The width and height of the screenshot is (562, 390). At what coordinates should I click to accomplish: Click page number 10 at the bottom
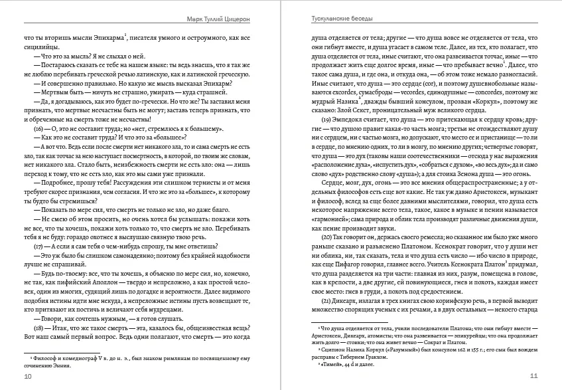27,377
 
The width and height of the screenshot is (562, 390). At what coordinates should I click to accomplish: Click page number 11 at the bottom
533,377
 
